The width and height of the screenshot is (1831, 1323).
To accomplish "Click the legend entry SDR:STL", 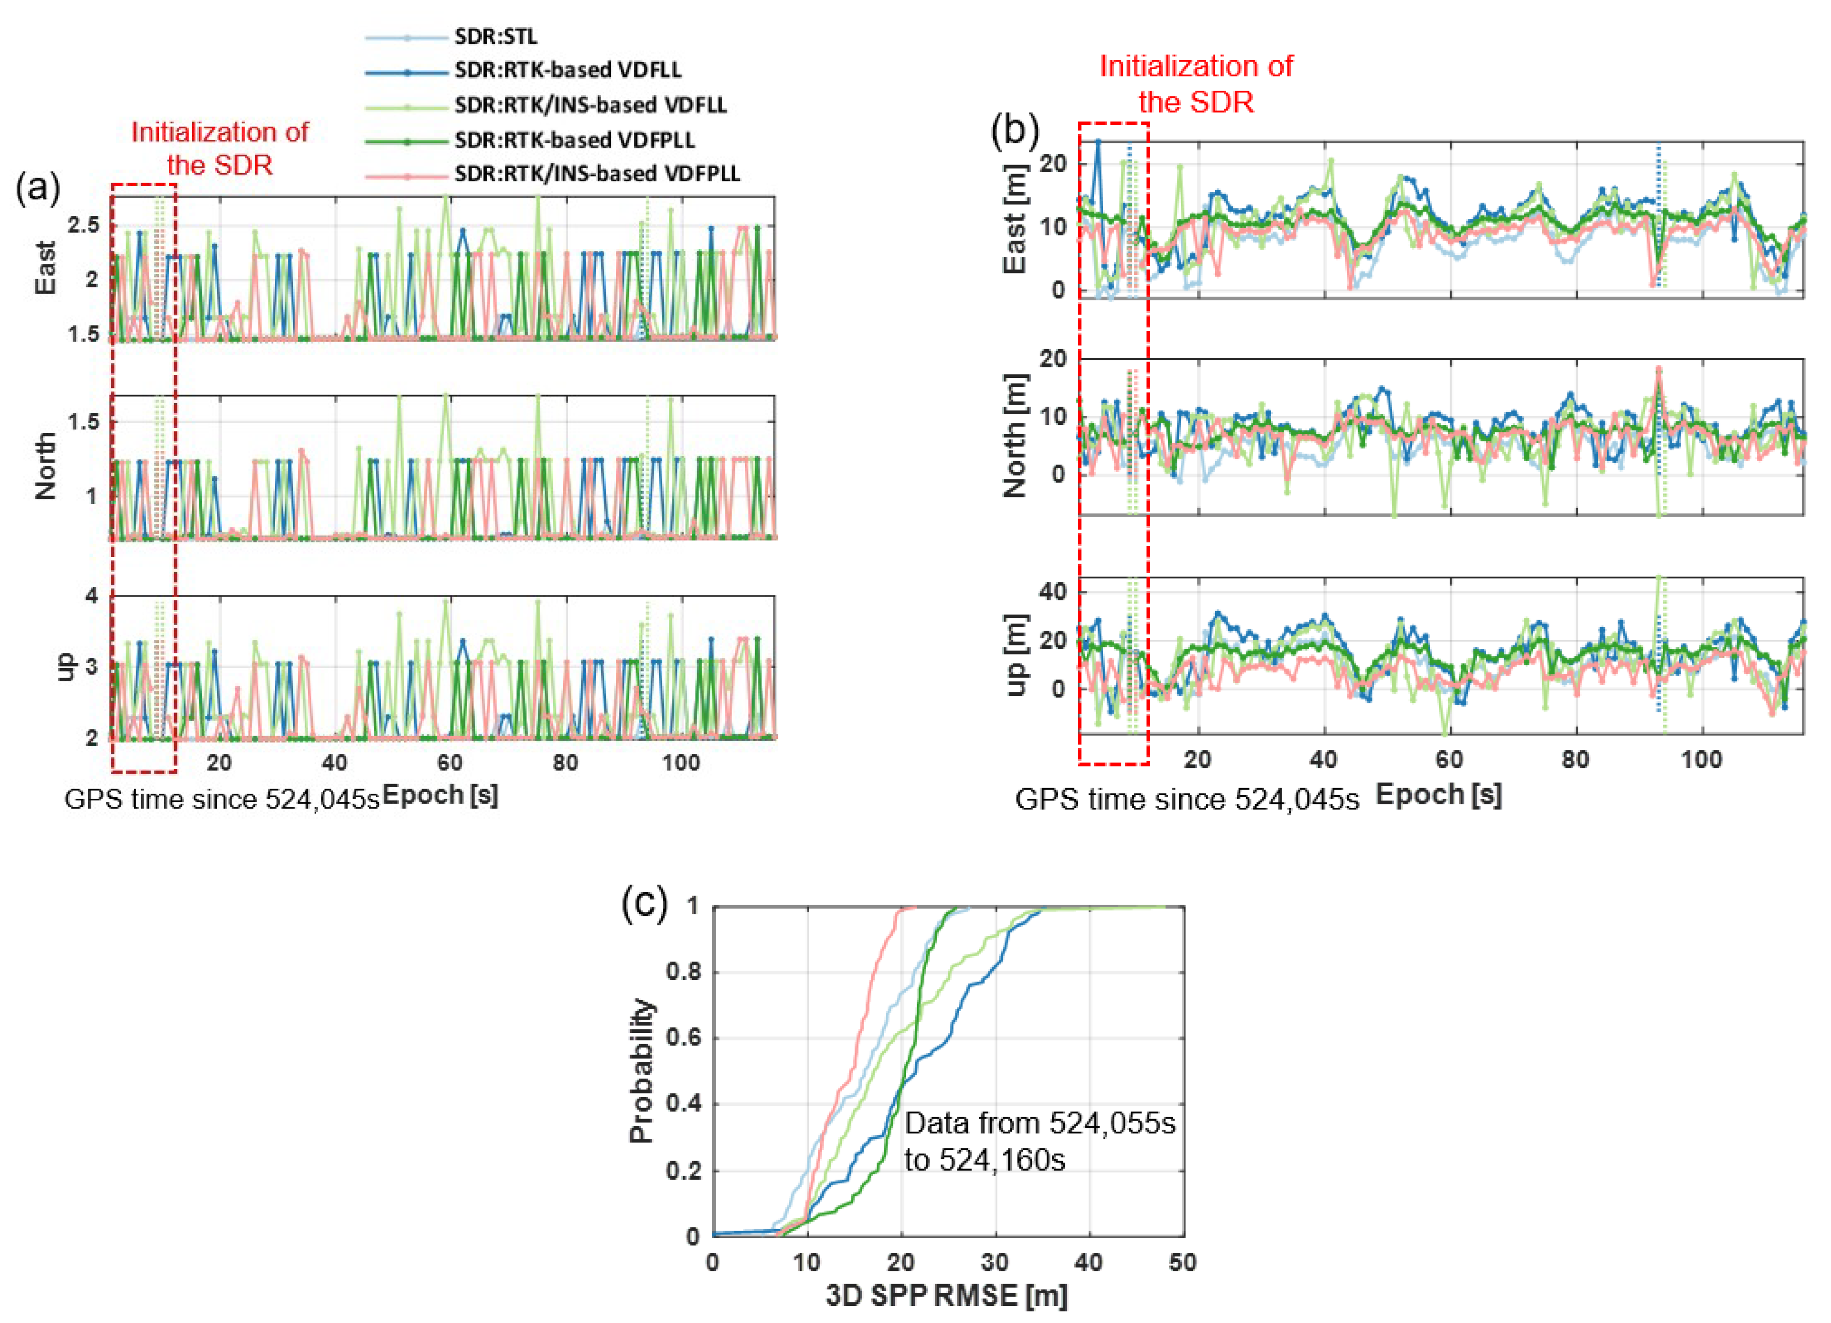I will pos(495,36).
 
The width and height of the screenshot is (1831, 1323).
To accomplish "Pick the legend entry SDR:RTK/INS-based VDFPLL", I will pos(597,174).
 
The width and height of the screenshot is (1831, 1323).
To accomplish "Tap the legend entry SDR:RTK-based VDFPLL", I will pos(574,140).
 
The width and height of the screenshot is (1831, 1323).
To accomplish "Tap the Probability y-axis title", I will pos(641,1070).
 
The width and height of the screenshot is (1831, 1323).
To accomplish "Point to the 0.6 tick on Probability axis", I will pos(683,1038).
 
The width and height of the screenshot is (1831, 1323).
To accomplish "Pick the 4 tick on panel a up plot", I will pos(92,595).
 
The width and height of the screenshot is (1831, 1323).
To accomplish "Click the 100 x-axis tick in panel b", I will pos(1701,759).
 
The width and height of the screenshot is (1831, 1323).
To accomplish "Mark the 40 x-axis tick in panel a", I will pos(334,762).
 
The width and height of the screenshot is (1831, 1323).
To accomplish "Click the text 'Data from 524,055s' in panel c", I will pos(1039,1123).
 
